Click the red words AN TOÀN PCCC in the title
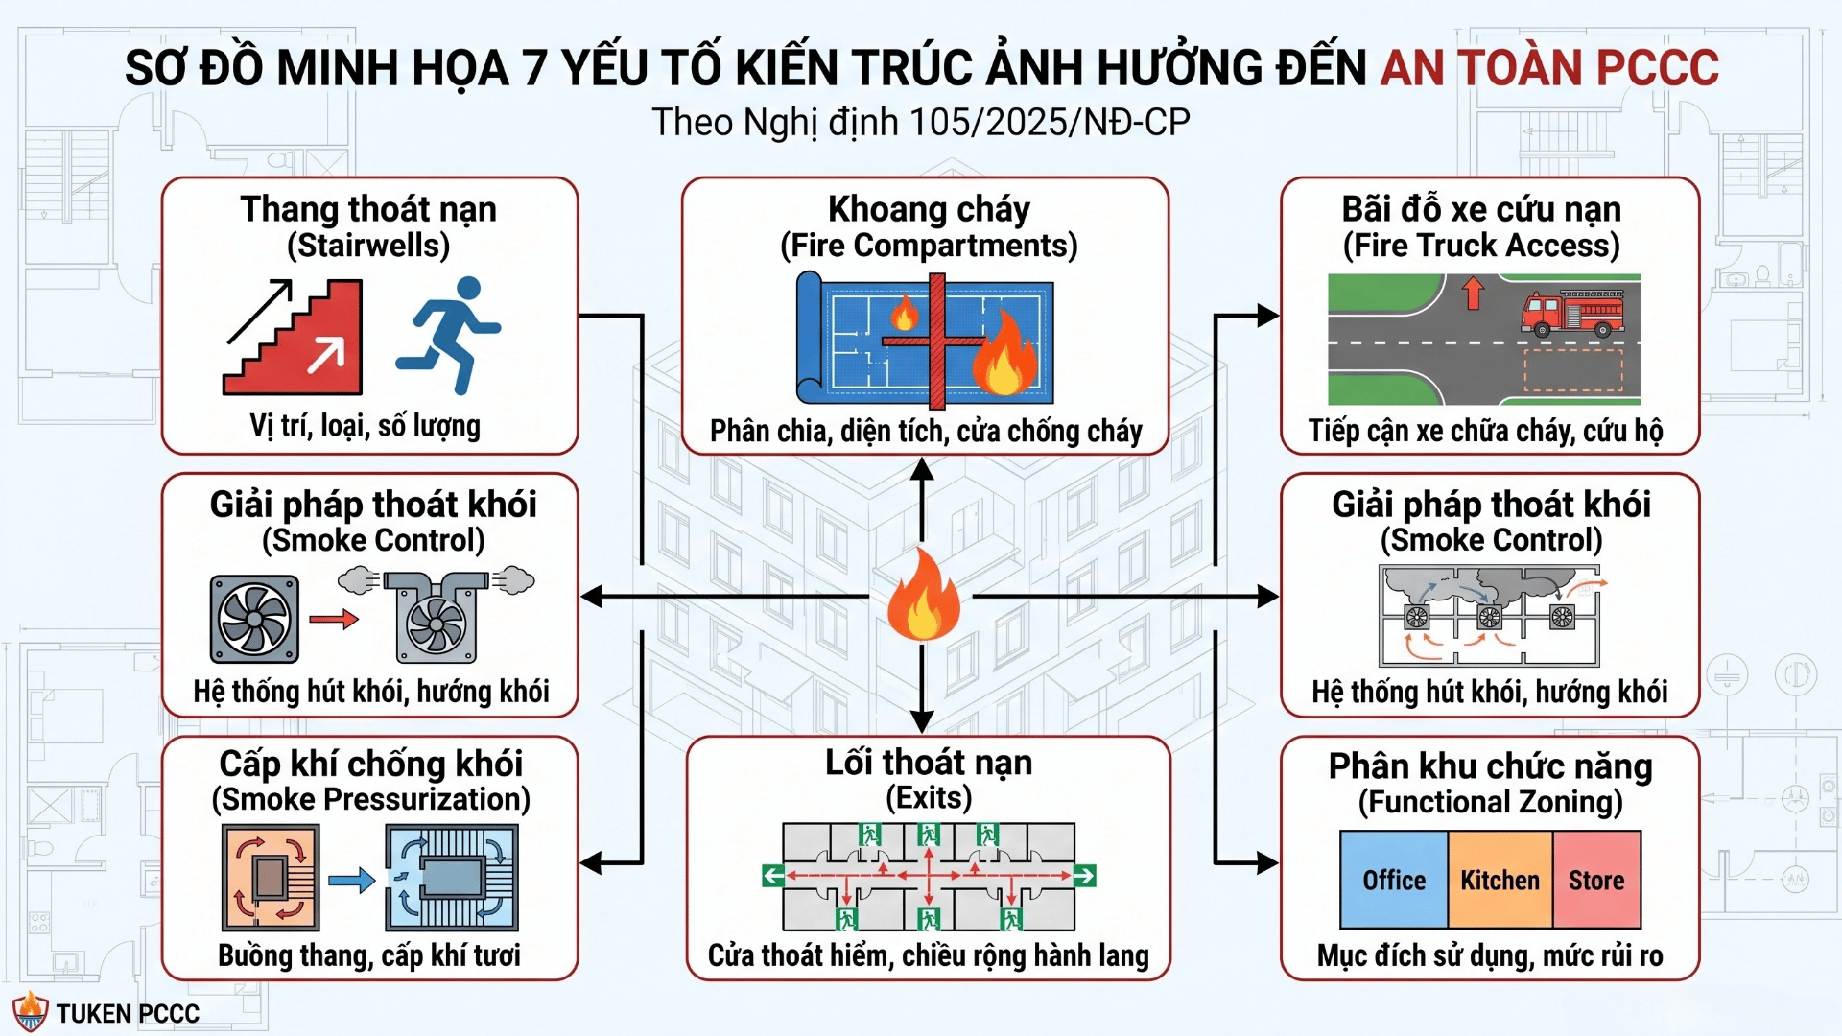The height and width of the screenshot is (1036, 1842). click(1549, 67)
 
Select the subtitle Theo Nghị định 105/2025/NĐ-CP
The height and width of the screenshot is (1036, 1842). click(921, 123)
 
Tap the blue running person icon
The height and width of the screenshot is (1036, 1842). click(448, 335)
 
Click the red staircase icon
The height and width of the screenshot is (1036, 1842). click(294, 337)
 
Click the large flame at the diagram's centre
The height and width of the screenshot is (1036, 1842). click(923, 595)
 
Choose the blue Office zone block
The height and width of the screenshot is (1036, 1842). click(1394, 880)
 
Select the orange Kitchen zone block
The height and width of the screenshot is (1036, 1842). click(1500, 880)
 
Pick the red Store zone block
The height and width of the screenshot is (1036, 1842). click(1596, 880)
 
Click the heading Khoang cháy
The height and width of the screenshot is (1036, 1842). click(929, 208)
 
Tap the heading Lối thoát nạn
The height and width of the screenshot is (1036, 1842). click(929, 763)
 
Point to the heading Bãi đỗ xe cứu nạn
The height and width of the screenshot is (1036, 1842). click(1481, 208)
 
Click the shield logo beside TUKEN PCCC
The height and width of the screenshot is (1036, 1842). click(30, 1012)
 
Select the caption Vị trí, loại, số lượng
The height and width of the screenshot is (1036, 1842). click(366, 425)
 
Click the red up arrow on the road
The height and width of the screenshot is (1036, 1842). click(1474, 293)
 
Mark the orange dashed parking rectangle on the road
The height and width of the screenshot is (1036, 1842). click(1573, 370)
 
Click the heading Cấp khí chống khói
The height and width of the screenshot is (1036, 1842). click(371, 764)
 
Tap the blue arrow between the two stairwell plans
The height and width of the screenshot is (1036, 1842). click(351, 880)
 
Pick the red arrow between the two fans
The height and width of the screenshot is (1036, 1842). click(334, 620)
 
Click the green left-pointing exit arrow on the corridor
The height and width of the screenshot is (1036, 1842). click(773, 875)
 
